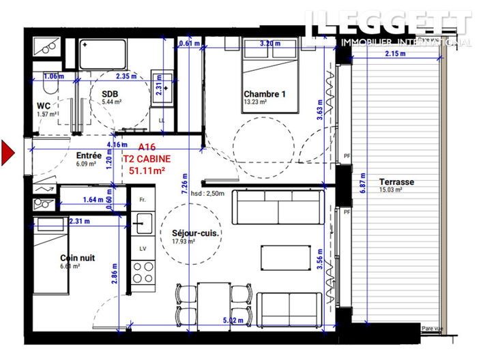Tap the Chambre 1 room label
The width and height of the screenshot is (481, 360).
click(x=264, y=94)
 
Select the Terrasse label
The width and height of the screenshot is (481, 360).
click(x=396, y=182)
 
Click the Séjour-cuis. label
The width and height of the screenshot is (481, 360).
click(x=194, y=233)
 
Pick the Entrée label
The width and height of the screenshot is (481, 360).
click(x=89, y=155)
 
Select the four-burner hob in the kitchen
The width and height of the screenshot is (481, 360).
click(x=143, y=275)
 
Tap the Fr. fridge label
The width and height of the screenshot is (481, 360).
click(x=142, y=200)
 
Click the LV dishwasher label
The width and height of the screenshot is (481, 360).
click(x=142, y=249)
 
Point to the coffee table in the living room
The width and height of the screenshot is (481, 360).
click(x=280, y=258)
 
